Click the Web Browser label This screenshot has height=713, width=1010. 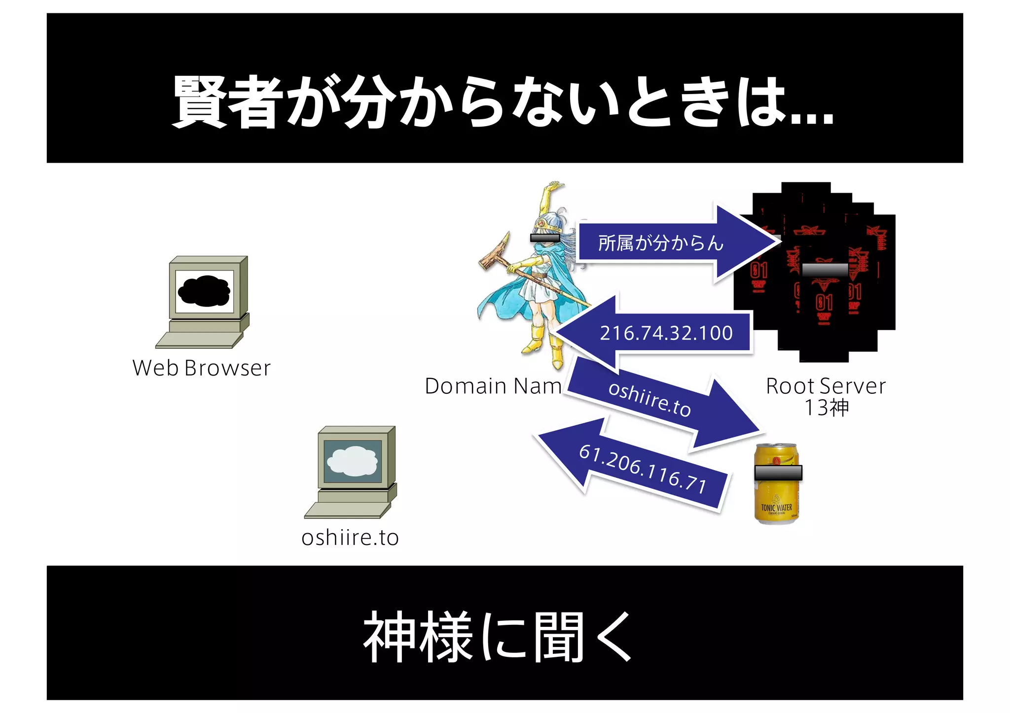[x=202, y=368]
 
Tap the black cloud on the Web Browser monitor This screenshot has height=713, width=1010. [x=204, y=291]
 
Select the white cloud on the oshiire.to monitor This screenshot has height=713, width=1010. [x=352, y=461]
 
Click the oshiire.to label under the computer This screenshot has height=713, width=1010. [x=350, y=538]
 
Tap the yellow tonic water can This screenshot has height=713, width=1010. [x=776, y=498]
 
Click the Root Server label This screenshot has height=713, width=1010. [x=826, y=386]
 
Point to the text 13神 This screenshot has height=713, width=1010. [x=827, y=408]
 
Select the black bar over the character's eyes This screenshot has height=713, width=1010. [x=544, y=238]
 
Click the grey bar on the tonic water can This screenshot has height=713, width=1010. [x=778, y=473]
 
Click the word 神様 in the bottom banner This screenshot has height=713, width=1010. [x=417, y=637]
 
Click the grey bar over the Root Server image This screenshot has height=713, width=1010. [x=825, y=270]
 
